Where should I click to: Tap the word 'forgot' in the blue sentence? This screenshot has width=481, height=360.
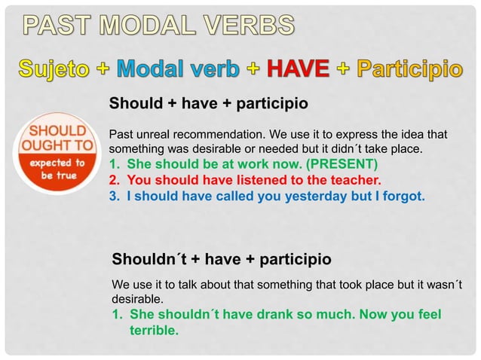click(406, 197)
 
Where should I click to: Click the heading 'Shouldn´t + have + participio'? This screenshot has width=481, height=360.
click(221, 260)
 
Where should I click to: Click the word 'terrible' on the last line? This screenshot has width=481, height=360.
click(154, 329)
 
